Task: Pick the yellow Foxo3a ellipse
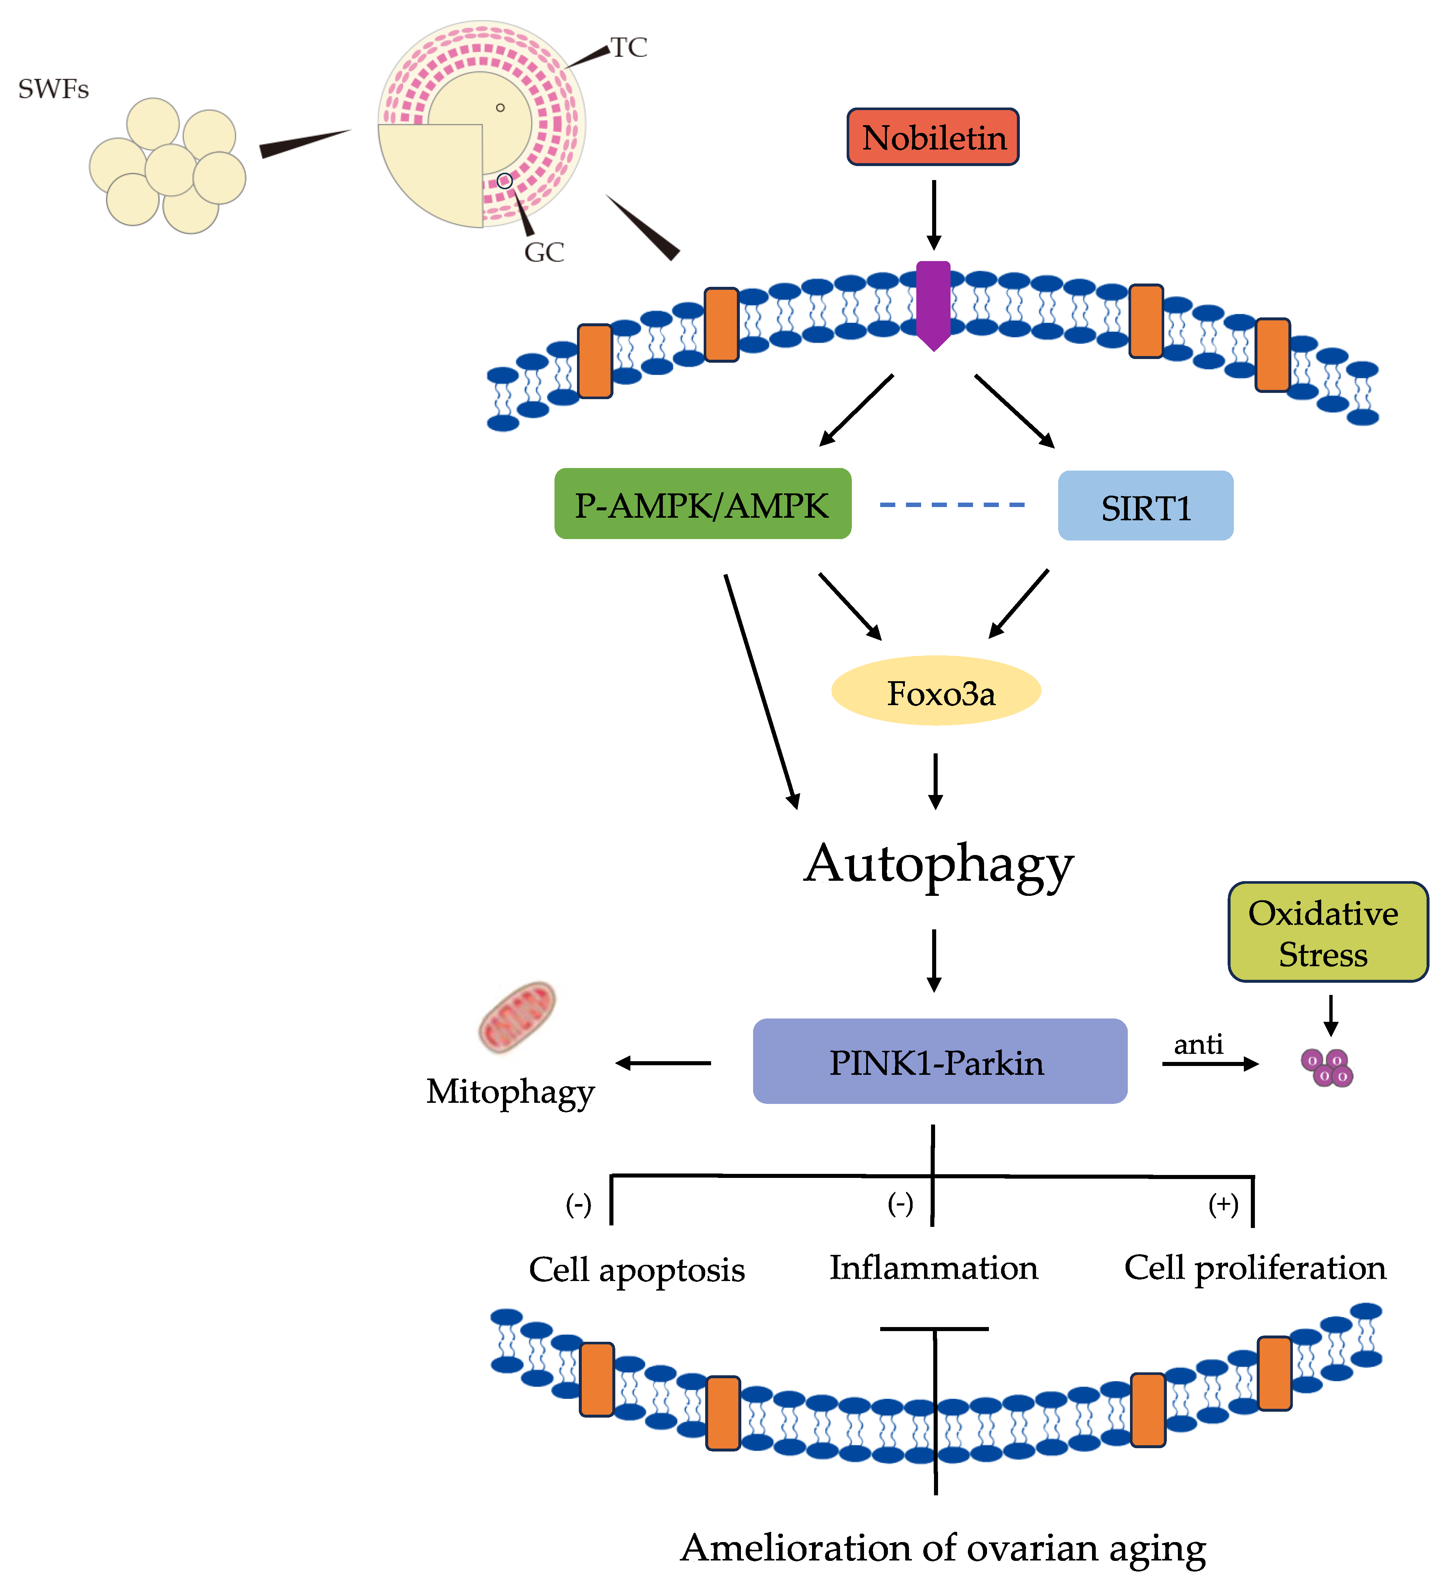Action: tap(936, 691)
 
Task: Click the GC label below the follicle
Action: tap(544, 253)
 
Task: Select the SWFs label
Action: tap(53, 89)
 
